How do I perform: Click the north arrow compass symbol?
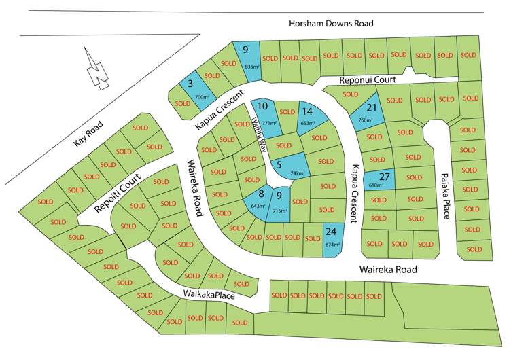pos(99,69)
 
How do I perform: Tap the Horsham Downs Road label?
pos(331,24)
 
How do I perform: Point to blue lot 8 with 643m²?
pos(259,201)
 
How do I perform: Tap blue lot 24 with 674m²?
pos(331,238)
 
